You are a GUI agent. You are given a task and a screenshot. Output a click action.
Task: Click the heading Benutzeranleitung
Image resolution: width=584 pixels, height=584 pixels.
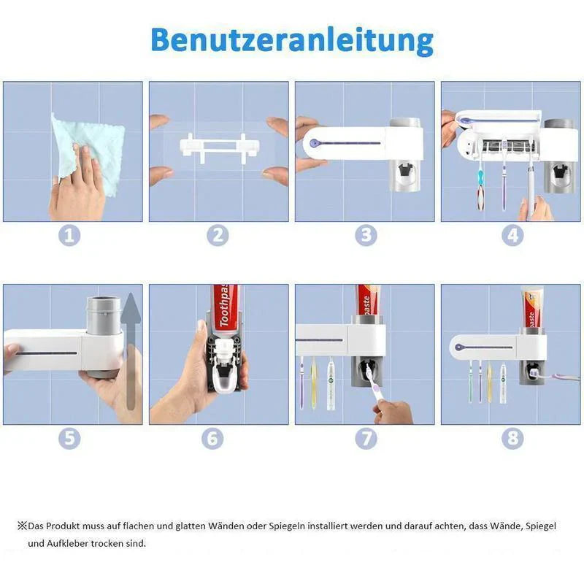tap(292, 41)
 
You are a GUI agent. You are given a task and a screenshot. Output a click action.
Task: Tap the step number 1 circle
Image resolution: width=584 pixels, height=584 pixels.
tap(69, 235)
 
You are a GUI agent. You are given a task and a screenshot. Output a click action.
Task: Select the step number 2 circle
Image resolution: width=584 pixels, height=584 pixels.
tap(218, 235)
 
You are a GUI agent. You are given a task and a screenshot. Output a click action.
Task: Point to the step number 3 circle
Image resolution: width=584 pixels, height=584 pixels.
tap(366, 235)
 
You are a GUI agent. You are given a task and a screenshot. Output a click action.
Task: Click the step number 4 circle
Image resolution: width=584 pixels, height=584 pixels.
tap(512, 235)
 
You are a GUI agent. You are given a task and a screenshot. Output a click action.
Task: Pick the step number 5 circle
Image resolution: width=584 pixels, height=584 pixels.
tap(69, 439)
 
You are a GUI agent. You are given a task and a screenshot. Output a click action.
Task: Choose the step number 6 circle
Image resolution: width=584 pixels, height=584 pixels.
tap(212, 439)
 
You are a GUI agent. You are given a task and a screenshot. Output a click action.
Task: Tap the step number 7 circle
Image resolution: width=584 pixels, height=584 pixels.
tap(366, 439)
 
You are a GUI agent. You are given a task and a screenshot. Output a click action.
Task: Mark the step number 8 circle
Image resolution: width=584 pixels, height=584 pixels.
tap(512, 439)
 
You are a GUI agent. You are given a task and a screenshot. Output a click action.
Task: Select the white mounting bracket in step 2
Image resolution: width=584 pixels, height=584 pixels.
tap(219, 148)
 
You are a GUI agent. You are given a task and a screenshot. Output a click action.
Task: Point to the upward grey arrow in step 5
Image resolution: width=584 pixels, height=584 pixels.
tap(131, 350)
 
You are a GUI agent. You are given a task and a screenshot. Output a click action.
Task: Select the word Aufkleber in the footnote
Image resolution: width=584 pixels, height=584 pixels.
tap(67, 543)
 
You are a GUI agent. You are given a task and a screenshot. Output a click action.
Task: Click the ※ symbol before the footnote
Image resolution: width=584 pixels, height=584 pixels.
tap(23, 526)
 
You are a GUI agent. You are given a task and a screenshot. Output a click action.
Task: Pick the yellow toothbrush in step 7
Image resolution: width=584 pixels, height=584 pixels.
tap(314, 382)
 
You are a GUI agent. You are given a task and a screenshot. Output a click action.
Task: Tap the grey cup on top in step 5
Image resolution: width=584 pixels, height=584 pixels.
tap(104, 314)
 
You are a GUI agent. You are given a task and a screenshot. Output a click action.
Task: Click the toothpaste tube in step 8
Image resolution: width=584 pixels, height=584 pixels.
tap(531, 307)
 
